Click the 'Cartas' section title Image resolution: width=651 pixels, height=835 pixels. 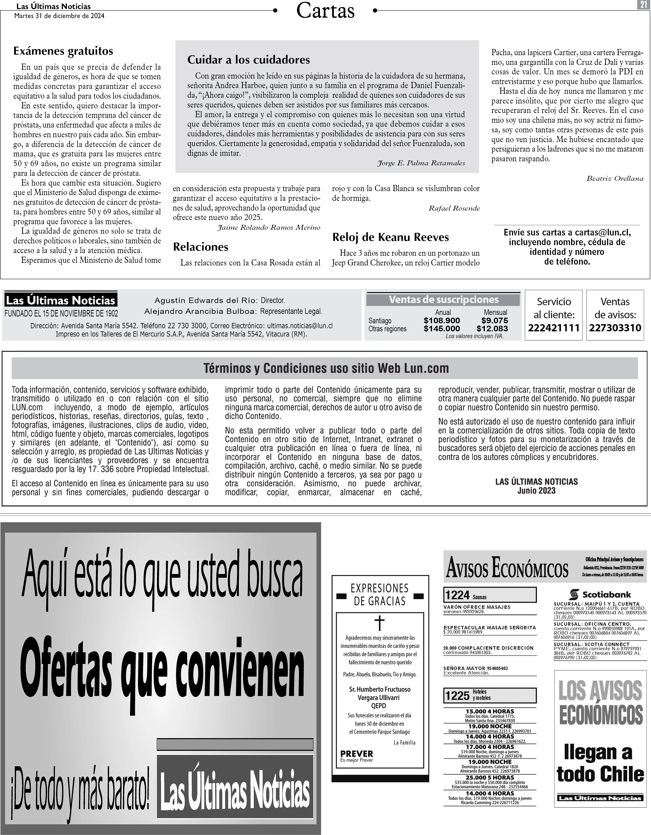(x=325, y=11)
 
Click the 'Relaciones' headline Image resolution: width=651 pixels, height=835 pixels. (x=201, y=247)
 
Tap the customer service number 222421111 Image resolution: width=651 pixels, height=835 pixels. (x=553, y=328)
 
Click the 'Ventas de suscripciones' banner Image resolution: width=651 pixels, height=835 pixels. (x=443, y=300)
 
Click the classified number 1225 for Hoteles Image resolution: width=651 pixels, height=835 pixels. (x=457, y=696)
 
